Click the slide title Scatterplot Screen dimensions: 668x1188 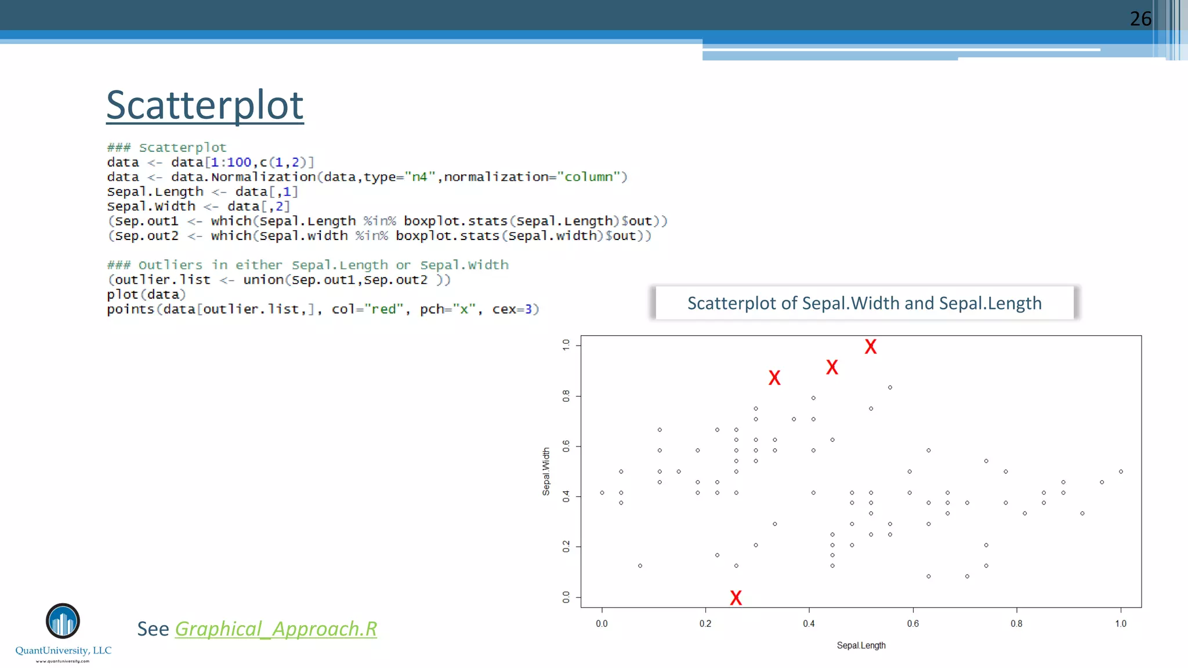click(205, 106)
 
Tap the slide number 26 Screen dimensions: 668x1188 click(1140, 19)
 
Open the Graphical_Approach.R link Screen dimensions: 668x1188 click(276, 629)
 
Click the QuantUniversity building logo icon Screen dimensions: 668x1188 click(63, 620)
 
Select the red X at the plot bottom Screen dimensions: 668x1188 click(736, 598)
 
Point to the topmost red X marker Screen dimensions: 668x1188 click(871, 347)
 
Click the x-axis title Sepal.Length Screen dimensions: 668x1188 click(861, 645)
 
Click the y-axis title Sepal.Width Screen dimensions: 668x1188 click(546, 471)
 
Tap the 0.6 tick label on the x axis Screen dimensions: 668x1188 click(913, 624)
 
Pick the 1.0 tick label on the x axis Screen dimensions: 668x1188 click(1121, 624)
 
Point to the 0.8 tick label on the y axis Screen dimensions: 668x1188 click(566, 396)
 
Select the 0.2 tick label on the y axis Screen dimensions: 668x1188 click(566, 546)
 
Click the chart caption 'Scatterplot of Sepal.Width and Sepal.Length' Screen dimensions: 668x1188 click(864, 303)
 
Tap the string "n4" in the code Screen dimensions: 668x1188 click(419, 177)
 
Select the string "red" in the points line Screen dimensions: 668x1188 click(383, 309)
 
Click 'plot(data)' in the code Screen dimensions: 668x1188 click(146, 295)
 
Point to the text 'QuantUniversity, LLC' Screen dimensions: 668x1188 click(63, 651)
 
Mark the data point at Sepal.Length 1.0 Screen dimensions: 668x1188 click(1121, 471)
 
